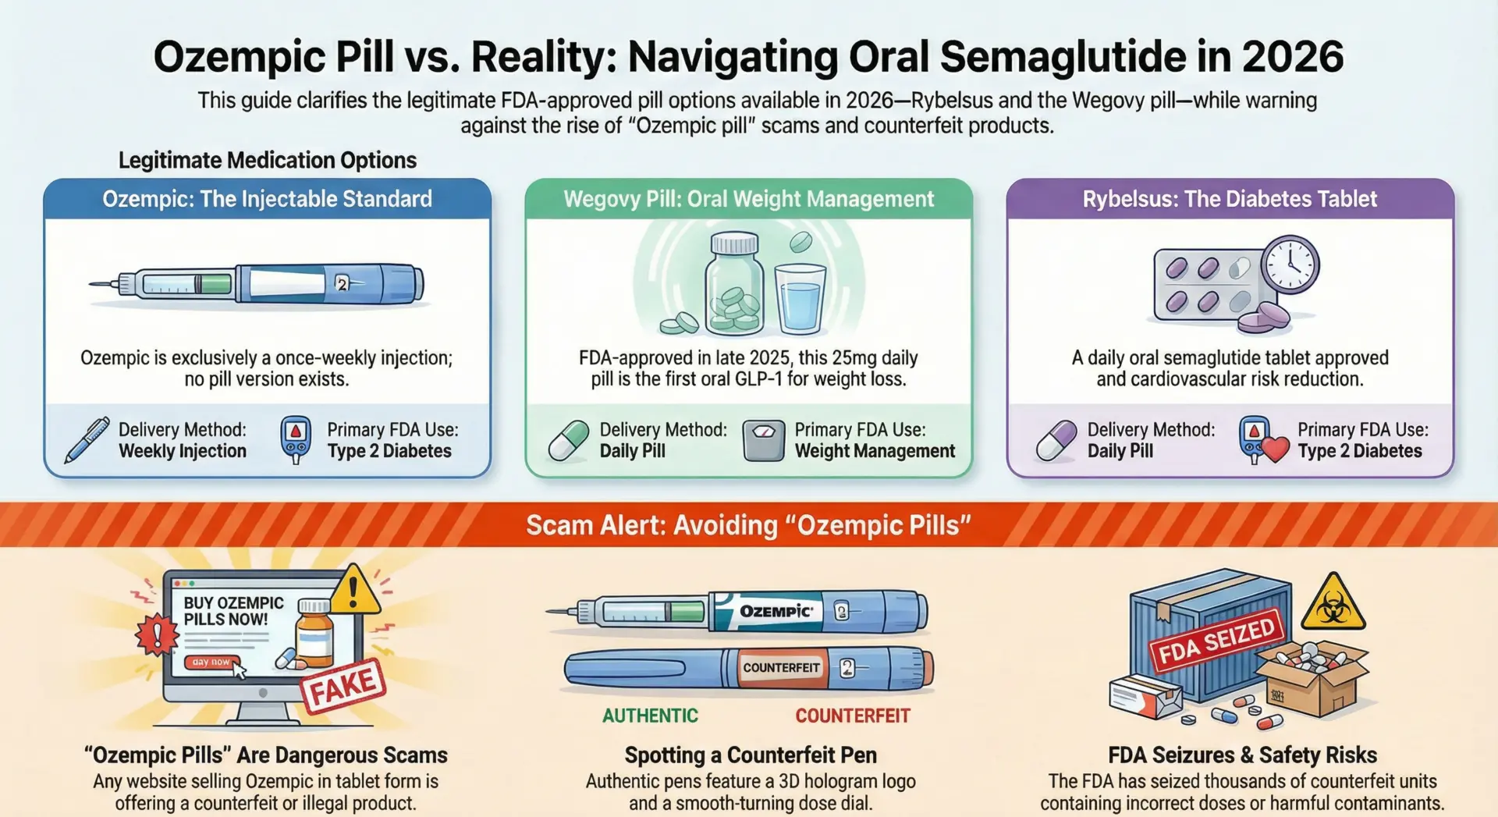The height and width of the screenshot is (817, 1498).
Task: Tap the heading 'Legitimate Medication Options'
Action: [268, 160]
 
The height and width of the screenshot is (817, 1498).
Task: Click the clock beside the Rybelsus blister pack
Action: [1290, 265]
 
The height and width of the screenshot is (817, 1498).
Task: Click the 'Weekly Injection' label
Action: [183, 451]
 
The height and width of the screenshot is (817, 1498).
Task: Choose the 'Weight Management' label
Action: [875, 451]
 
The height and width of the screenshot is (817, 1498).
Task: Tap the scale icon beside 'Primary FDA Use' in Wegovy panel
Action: [763, 441]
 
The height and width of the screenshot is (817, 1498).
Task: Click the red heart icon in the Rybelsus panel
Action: [1275, 449]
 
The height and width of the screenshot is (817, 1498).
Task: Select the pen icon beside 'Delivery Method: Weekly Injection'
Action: [87, 440]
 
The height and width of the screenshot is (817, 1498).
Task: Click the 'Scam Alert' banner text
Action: [748, 525]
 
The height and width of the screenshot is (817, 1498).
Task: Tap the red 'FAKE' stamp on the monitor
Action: [343, 686]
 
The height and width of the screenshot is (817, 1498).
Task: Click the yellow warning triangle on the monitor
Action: [354, 591]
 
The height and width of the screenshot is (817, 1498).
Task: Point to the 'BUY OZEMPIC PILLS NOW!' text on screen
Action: [233, 611]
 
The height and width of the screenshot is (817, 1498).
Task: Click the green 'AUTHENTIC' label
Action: [650, 716]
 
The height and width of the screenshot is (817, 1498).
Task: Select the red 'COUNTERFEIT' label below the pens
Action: [853, 716]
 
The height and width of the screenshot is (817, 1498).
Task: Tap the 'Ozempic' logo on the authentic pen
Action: [776, 611]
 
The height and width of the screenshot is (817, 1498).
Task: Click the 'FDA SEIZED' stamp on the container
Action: [1216, 641]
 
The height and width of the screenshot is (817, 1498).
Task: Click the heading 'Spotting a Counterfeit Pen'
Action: [751, 755]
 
